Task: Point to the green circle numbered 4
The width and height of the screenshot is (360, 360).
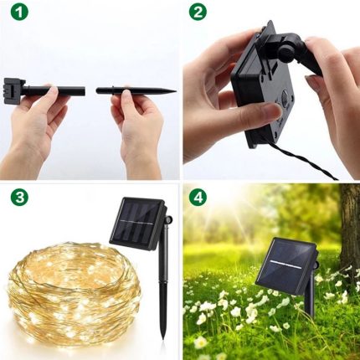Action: (198, 198)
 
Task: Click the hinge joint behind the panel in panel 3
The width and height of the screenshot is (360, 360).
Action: (167, 220)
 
